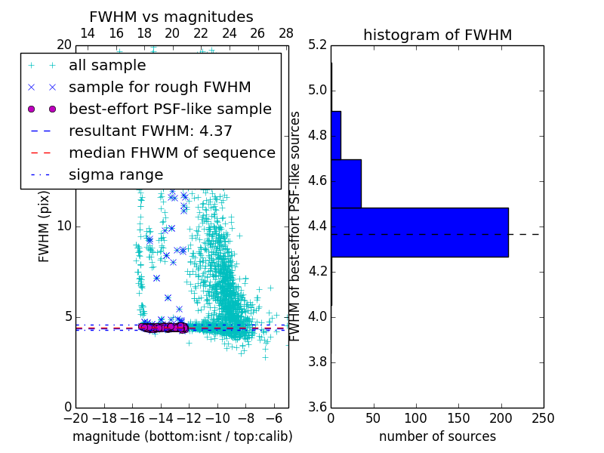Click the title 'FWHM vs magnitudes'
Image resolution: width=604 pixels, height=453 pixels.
click(x=171, y=17)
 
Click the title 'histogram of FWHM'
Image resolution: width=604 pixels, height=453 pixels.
click(x=437, y=35)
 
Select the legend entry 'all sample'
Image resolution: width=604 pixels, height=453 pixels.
click(x=107, y=65)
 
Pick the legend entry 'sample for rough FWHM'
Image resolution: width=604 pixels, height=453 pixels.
click(x=159, y=87)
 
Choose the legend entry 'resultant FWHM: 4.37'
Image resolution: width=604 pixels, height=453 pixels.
click(x=150, y=131)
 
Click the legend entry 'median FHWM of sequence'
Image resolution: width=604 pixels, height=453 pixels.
click(x=171, y=153)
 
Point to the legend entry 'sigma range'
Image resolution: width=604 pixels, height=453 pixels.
click(x=116, y=174)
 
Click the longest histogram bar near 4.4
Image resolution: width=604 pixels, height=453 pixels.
click(x=419, y=232)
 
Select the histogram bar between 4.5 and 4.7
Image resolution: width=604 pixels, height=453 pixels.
click(x=346, y=183)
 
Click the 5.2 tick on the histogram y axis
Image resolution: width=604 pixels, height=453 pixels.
click(x=317, y=45)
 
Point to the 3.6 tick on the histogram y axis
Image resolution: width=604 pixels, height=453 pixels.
click(x=317, y=406)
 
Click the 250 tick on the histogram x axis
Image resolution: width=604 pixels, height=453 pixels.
click(x=543, y=418)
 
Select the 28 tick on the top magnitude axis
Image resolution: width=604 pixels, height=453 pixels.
click(x=286, y=33)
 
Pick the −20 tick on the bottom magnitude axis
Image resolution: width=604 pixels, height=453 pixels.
click(x=75, y=418)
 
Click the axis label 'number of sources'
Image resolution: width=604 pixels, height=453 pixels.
click(x=437, y=436)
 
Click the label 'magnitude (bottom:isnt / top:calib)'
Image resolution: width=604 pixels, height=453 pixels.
click(x=182, y=436)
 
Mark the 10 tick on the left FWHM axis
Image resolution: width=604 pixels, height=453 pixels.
click(x=64, y=226)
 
